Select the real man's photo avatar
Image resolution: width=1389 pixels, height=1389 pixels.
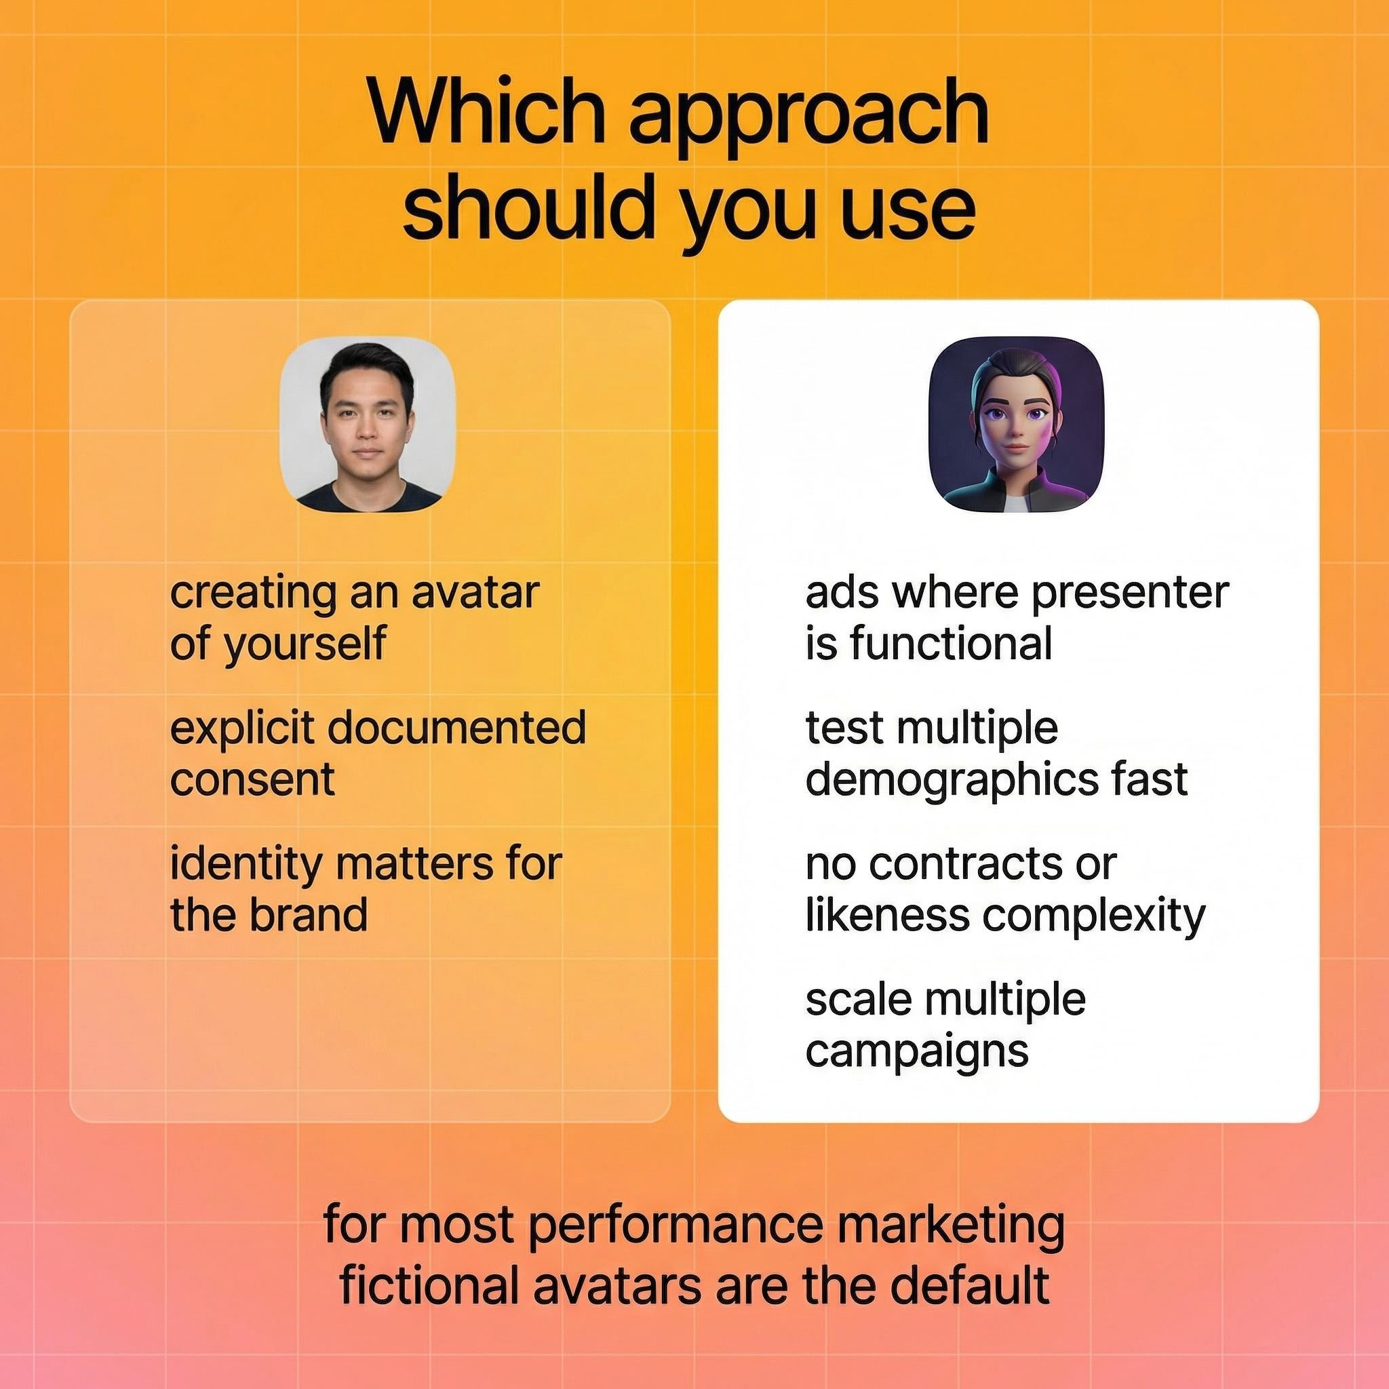pos(367,425)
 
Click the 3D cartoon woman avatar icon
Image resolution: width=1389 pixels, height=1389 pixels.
pos(1016,425)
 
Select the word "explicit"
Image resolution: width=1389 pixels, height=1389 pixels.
pos(241,729)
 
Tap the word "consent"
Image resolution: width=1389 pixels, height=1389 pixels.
pos(252,779)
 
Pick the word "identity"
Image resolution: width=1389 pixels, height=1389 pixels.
pos(246,864)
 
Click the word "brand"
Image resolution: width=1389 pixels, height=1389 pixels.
pos(309,914)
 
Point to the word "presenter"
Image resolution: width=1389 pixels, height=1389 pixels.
pos(1130,595)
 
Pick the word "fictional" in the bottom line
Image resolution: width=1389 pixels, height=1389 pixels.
pos(429,1287)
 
